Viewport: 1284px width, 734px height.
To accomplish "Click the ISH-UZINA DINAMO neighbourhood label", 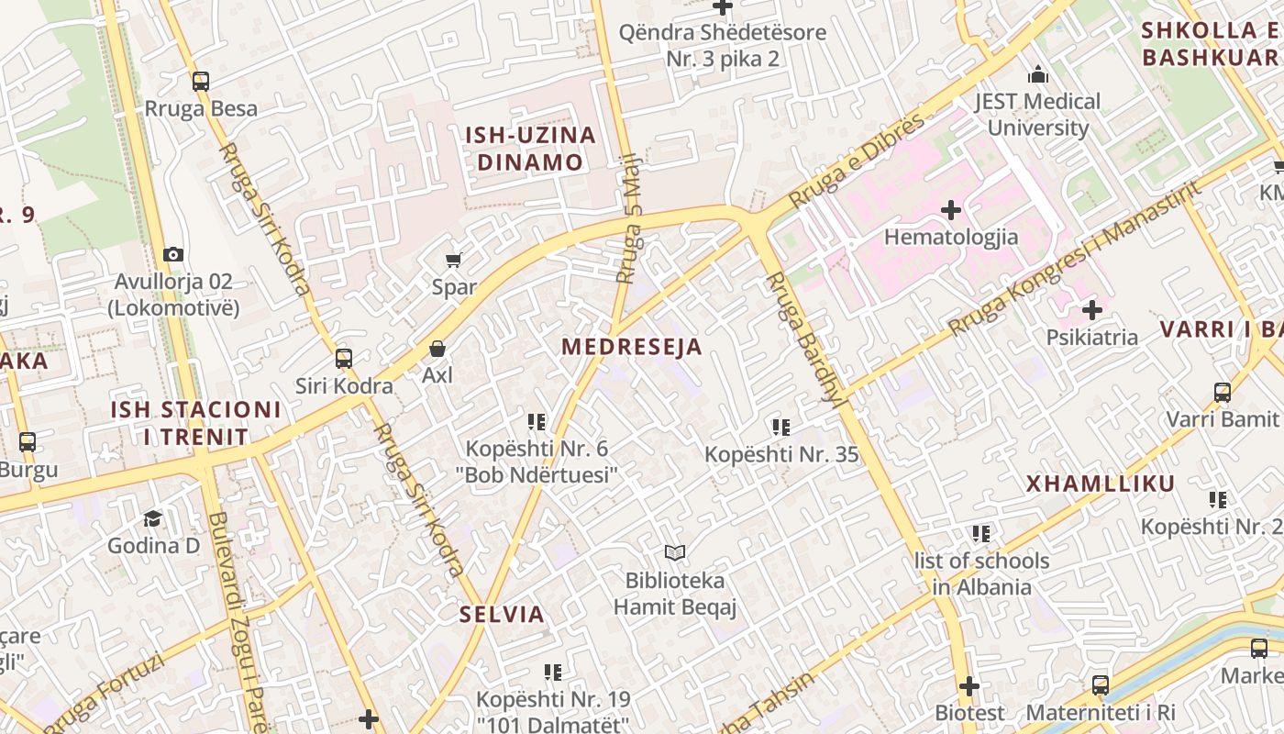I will point(530,149).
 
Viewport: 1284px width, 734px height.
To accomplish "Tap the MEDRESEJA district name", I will point(632,347).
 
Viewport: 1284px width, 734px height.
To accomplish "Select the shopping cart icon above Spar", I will point(453,261).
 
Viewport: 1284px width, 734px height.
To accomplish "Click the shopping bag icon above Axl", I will point(437,350).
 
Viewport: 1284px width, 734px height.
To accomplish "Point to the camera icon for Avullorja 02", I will point(172,254).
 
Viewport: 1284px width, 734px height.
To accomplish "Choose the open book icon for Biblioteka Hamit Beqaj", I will point(675,552).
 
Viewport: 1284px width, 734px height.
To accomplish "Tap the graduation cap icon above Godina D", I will point(152,518).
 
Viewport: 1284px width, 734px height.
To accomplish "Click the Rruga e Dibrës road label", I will point(857,160).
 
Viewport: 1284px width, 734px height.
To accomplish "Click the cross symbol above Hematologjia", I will point(951,210).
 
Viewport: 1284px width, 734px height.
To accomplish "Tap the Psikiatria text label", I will point(1091,337).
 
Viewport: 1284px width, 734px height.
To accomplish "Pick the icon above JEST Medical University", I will point(1037,74).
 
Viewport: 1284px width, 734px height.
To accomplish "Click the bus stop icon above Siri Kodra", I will point(344,359).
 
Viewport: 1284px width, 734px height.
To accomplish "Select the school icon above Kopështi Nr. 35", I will point(780,427).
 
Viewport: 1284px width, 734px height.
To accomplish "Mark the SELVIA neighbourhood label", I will point(502,614).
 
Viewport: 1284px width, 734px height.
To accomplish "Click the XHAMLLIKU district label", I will point(1100,484).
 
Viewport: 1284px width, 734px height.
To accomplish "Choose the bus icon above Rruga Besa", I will point(201,81).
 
